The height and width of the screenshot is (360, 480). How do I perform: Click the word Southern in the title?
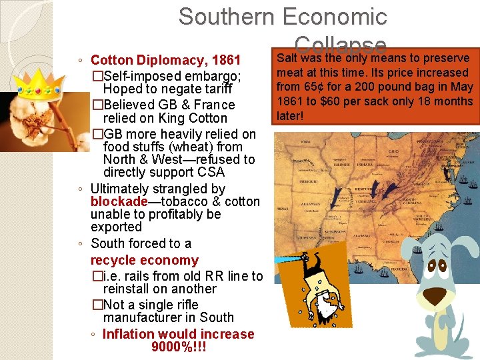coord(227,17)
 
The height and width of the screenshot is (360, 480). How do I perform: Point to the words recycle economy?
coord(145,260)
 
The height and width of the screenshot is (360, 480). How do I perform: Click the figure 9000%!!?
coord(179,347)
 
